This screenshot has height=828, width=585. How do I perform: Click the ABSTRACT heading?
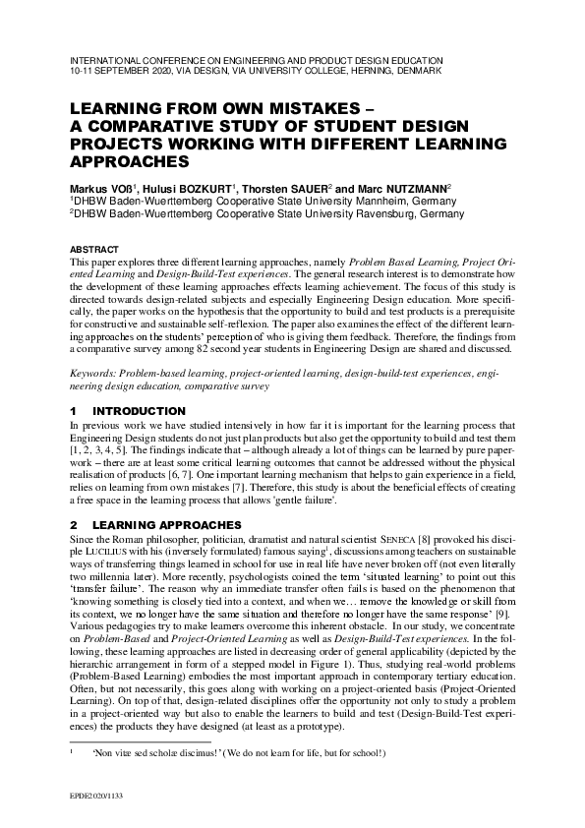click(94, 249)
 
